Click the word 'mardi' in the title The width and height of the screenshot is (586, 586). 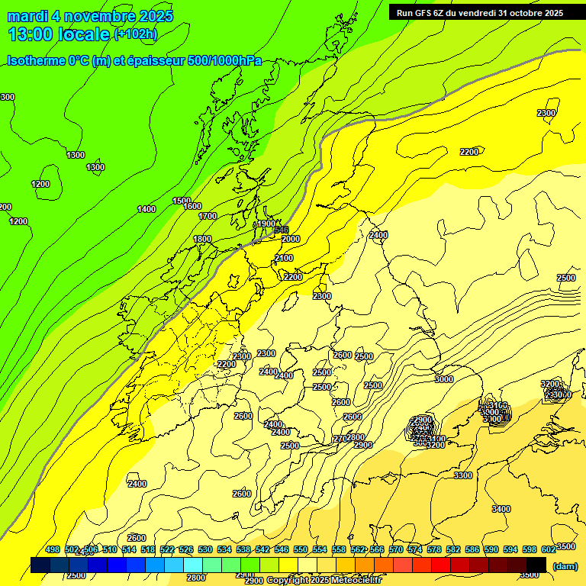(x=28, y=16)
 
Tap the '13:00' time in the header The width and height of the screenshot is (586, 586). (x=31, y=34)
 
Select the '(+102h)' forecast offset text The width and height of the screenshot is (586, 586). (x=136, y=34)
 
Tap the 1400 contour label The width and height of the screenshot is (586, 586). (x=146, y=209)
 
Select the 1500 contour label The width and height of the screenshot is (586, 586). (x=182, y=201)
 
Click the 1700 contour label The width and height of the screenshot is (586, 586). (x=208, y=216)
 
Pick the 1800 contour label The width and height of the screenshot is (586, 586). (x=202, y=239)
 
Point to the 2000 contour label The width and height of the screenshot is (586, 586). (x=291, y=239)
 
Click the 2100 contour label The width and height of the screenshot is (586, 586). (x=284, y=259)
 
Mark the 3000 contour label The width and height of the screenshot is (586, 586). (x=444, y=379)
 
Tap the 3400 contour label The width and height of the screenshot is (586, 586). (x=501, y=509)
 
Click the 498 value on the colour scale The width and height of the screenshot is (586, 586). (x=53, y=549)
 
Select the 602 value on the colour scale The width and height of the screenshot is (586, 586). (x=549, y=549)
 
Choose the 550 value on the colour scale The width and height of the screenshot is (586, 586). (x=301, y=549)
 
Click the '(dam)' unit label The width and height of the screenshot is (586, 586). (x=565, y=565)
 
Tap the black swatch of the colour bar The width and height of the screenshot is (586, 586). (x=536, y=565)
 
